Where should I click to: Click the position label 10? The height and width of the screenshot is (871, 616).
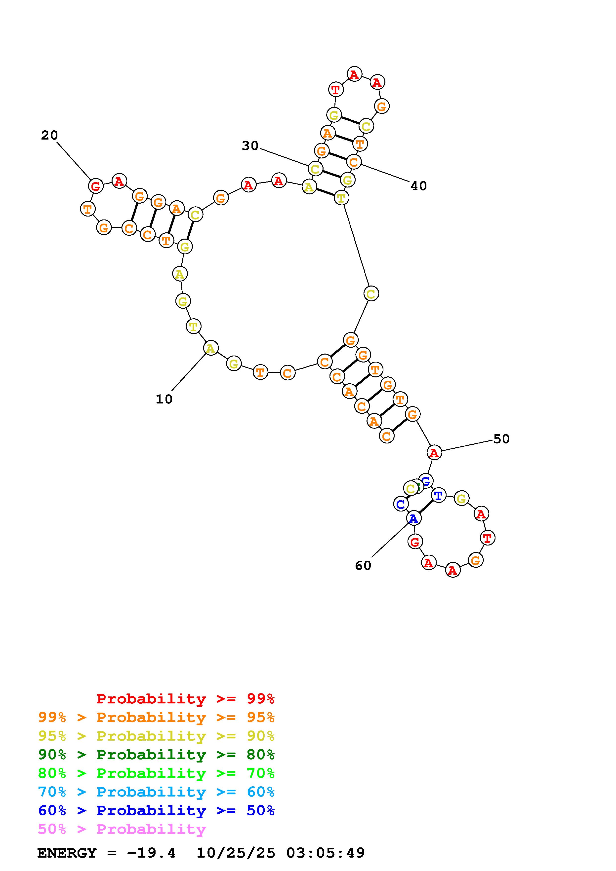(x=164, y=399)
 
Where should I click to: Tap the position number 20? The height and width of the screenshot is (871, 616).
(x=49, y=135)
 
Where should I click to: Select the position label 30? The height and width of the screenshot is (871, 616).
(x=250, y=146)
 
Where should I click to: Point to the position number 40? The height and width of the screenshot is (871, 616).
(x=419, y=186)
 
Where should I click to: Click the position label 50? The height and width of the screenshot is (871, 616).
(x=501, y=439)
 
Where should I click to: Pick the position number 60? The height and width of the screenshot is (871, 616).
(x=363, y=566)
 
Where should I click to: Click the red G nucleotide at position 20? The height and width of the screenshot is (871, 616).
(x=96, y=186)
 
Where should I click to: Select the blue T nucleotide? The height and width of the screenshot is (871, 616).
(x=438, y=495)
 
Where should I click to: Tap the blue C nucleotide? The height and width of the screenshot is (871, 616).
(x=400, y=505)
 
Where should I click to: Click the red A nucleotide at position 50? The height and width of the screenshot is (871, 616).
(x=434, y=453)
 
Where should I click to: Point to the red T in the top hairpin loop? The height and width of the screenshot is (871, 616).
(x=335, y=90)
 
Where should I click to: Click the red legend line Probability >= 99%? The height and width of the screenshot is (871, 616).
(x=186, y=699)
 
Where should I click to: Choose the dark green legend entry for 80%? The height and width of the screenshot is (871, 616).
(x=156, y=755)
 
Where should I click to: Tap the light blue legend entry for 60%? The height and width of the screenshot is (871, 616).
(x=156, y=792)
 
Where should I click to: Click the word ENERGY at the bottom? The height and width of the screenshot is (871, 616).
(x=67, y=853)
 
